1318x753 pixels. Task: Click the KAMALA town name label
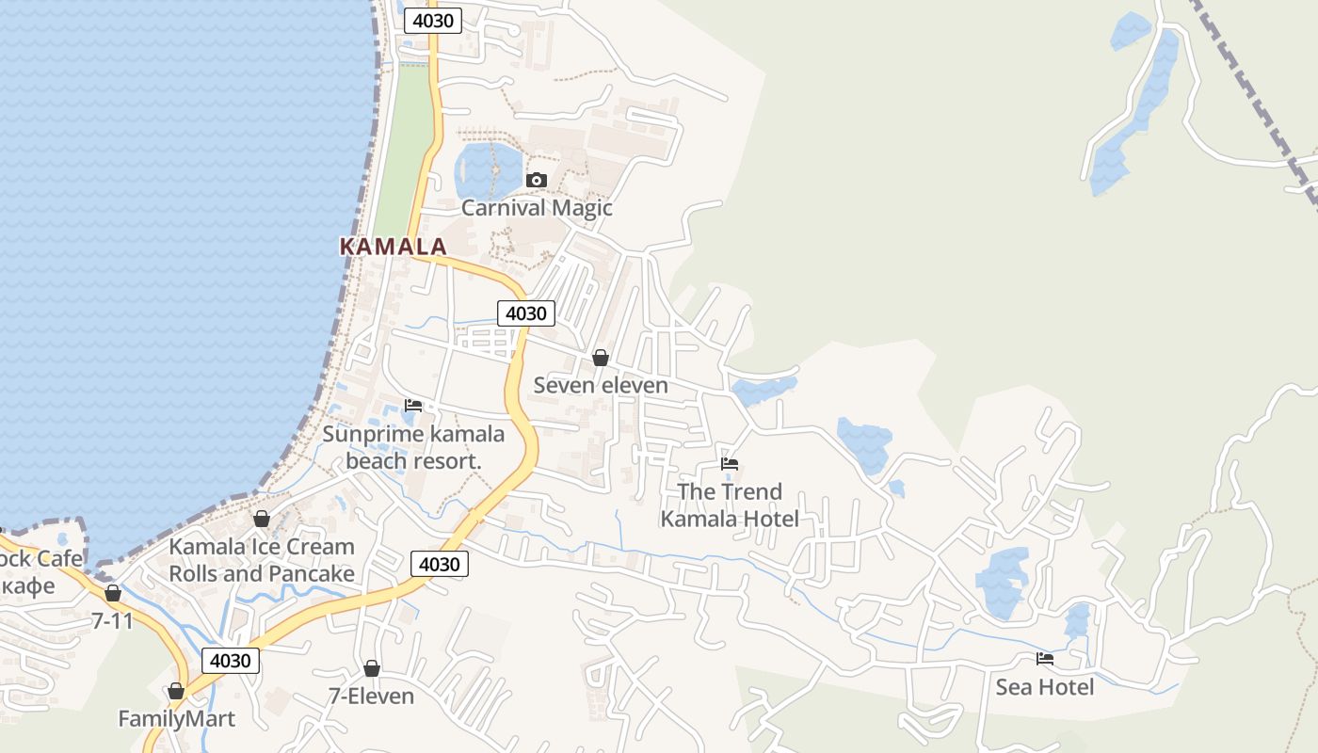point(393,247)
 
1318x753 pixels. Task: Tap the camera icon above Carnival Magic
point(537,180)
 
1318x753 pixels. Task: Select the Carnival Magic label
point(537,208)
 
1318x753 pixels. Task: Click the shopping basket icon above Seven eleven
point(600,358)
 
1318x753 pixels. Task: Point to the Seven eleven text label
point(601,385)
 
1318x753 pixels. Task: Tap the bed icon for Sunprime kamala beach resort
point(413,406)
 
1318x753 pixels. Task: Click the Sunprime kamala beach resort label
point(413,447)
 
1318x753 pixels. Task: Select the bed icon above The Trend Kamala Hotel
point(730,463)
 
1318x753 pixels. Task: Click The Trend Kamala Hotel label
point(730,505)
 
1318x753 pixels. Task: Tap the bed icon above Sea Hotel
point(1045,659)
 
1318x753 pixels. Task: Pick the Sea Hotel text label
point(1045,687)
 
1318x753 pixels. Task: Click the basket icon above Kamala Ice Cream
point(262,519)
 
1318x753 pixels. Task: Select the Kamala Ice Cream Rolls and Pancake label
point(262,559)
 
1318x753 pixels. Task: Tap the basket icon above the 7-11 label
point(113,593)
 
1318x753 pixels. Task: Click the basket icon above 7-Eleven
point(372,668)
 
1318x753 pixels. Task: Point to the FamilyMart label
point(176,719)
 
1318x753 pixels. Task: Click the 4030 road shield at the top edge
point(433,21)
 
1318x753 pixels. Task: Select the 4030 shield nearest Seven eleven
point(525,313)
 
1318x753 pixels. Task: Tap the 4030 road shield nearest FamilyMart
point(231,660)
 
